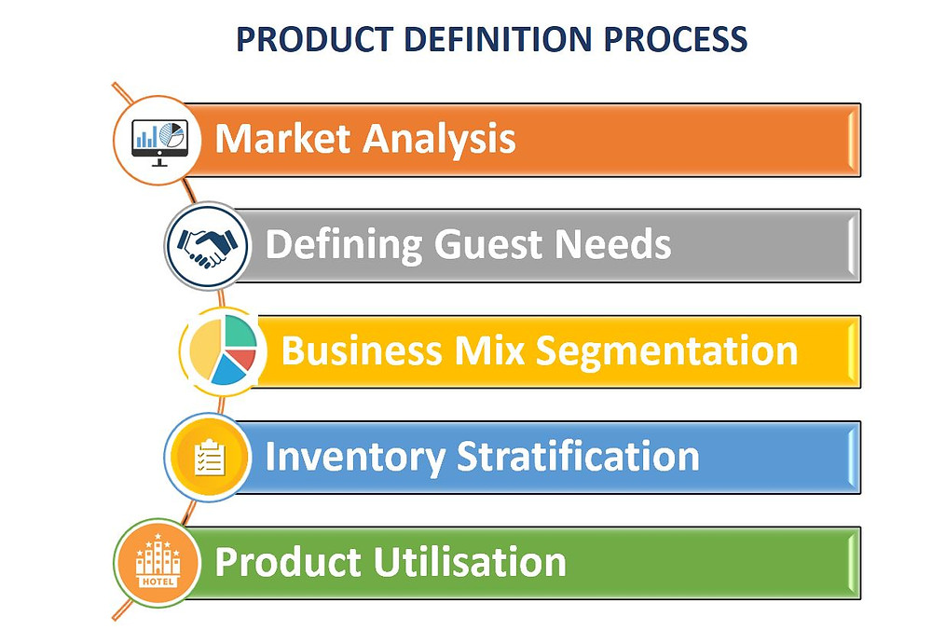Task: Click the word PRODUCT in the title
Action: tap(314, 39)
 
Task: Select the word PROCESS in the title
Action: tap(675, 39)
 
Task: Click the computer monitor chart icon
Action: tap(159, 142)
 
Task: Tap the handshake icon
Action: tap(207, 246)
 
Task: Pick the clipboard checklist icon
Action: tap(210, 458)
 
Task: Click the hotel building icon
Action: tap(158, 561)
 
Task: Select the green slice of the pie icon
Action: tap(240, 332)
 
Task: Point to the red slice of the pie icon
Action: tap(242, 359)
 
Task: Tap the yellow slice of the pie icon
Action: tap(205, 349)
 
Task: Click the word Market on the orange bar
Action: tap(282, 139)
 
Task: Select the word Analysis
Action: tap(439, 141)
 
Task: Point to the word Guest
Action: tap(487, 244)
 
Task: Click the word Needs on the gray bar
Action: tap(612, 244)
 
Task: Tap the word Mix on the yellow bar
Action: tap(489, 349)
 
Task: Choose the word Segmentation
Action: tap(666, 352)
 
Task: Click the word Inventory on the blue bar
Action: tap(354, 458)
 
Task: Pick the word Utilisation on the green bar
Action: tap(470, 561)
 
